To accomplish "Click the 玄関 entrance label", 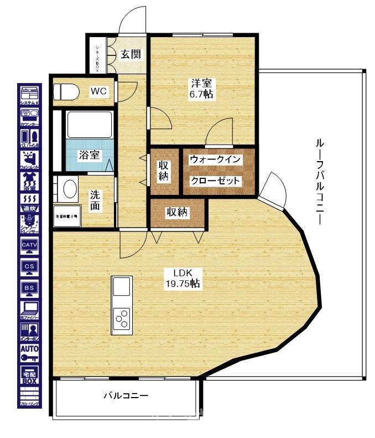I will [131, 54].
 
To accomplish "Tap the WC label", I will [98, 90].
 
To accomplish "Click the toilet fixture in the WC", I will [65, 91].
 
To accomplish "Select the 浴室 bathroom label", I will [88, 155].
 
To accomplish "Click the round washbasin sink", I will [69, 188].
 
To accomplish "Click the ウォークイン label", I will [216, 159].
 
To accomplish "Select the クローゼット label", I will [216, 181].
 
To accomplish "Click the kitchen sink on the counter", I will [122, 287].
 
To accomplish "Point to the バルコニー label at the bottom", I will [126, 396].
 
